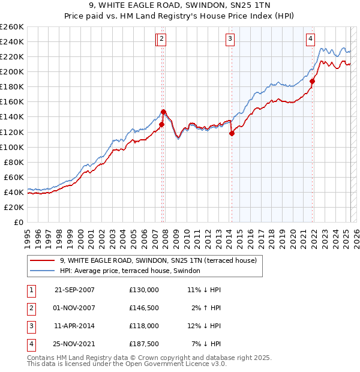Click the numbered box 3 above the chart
230,40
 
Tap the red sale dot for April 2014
232,134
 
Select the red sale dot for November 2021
313,81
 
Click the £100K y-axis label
11,147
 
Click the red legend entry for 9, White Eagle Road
158,260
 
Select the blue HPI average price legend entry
133,271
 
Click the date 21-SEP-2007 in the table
74,289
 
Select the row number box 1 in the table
31,289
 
